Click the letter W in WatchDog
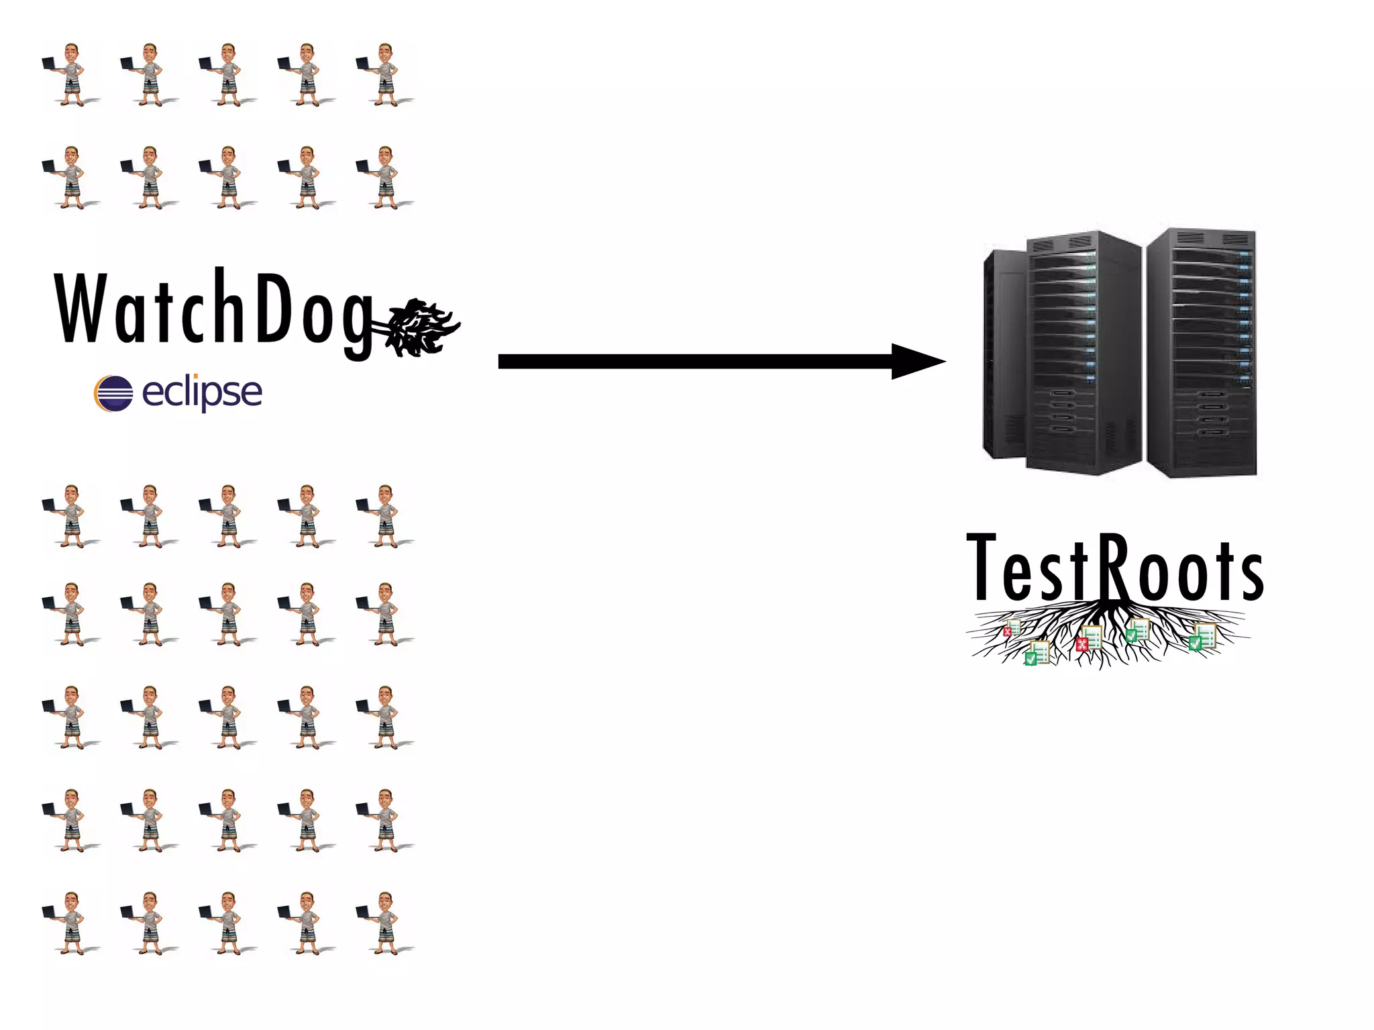[x=82, y=309]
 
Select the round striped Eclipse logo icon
[x=113, y=393]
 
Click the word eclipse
[x=202, y=392]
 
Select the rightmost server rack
[x=1201, y=352]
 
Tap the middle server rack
[x=1084, y=352]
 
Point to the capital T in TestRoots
[x=983, y=567]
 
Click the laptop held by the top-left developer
[x=49, y=64]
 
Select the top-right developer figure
[x=384, y=74]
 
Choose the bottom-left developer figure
[x=70, y=923]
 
